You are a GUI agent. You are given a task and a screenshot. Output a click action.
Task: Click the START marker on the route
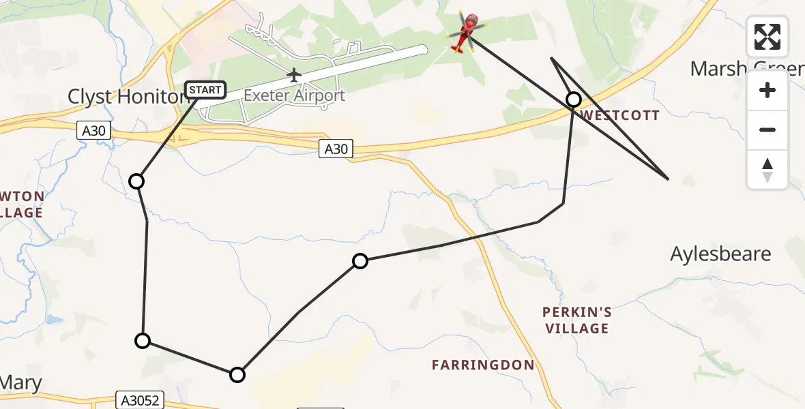coord(205,89)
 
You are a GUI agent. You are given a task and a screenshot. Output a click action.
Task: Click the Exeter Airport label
coord(294,95)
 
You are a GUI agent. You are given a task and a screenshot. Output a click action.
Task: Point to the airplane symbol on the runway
coord(294,74)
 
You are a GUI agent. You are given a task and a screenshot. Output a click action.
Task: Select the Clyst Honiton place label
coord(127,97)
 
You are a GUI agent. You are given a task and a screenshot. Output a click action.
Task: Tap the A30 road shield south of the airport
coord(336,149)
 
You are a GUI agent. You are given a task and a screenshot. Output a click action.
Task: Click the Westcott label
coord(620,115)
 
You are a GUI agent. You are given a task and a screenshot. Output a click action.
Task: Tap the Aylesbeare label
coord(720,254)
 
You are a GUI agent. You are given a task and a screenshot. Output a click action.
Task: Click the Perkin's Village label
coord(576,320)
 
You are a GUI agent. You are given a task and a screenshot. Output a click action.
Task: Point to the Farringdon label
coord(483,365)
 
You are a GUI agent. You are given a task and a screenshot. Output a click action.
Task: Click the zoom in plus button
coord(767,90)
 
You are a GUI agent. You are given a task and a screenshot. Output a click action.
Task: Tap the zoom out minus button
coord(767,130)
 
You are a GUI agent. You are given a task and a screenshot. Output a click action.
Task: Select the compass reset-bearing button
coord(767,169)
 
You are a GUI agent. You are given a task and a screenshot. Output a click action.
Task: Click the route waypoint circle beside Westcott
coord(574,100)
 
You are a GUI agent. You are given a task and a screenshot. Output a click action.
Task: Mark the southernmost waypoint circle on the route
coord(237,374)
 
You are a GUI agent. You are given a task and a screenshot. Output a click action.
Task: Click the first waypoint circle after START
coord(136,181)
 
